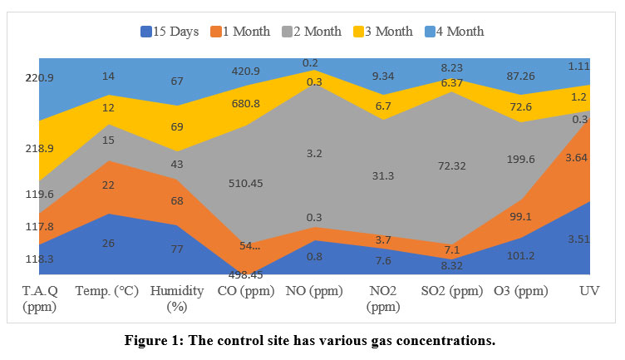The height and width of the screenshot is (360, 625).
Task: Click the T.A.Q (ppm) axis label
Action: coord(39,298)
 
